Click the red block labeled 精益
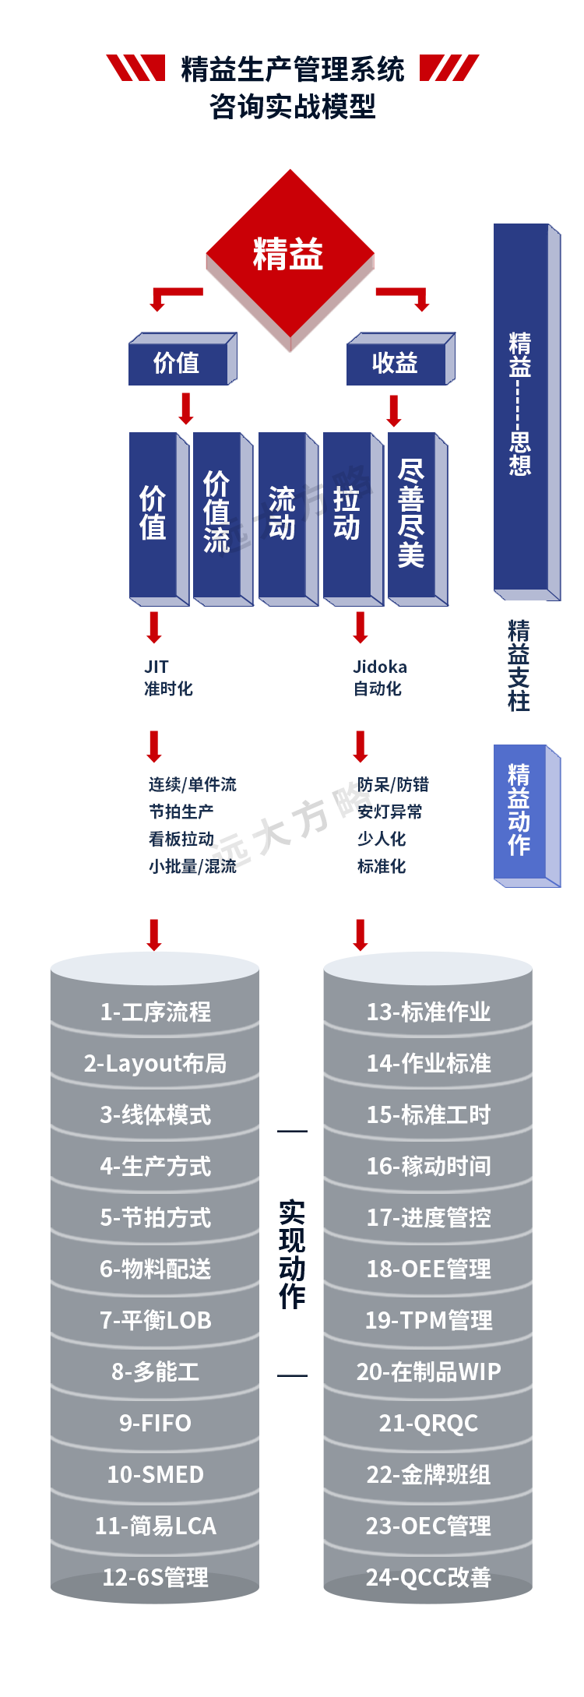tap(289, 255)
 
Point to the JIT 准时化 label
tap(167, 678)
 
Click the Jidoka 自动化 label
tap(379, 678)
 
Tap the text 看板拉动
tap(181, 839)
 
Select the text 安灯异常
tap(389, 812)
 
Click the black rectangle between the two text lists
tap(302, 827)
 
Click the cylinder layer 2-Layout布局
tap(155, 1063)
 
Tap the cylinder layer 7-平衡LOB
tap(155, 1320)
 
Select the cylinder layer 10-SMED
tap(155, 1474)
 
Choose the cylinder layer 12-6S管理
tap(155, 1577)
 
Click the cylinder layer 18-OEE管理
tap(428, 1269)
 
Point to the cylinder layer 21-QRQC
tap(428, 1423)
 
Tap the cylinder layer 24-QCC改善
tap(428, 1577)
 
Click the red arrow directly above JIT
tap(154, 625)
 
